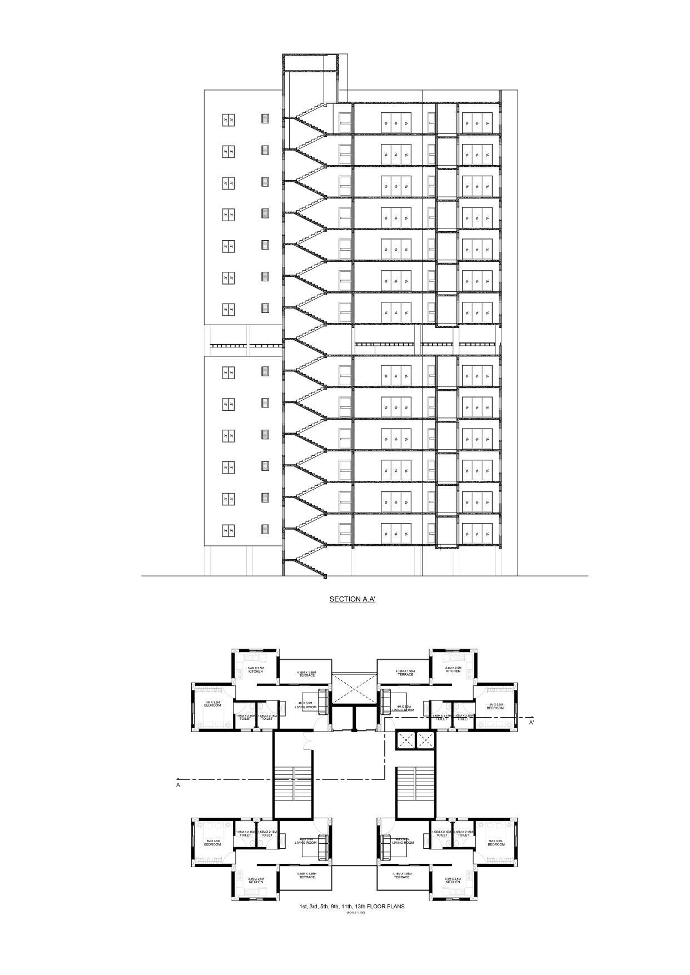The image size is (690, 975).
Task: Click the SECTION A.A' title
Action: click(353, 599)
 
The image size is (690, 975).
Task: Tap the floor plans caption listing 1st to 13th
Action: click(352, 906)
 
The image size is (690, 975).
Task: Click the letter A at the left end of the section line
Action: click(178, 785)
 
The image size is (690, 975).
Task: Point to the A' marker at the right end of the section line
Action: click(532, 723)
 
